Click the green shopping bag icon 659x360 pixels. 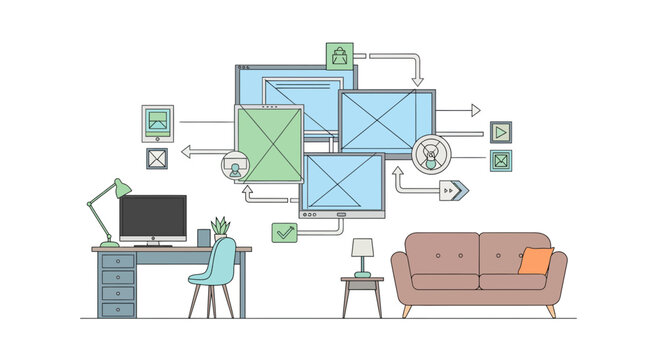[340, 56]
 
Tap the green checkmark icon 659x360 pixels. [285, 232]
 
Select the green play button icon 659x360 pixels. [501, 131]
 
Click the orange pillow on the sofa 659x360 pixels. [536, 260]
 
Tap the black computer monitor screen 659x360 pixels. [153, 217]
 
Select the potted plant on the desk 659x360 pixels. [220, 229]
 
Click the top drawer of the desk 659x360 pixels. [118, 260]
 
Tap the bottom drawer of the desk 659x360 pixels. [118, 307]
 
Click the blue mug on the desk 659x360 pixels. [204, 238]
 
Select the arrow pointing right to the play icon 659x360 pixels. [459, 110]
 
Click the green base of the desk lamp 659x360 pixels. [103, 243]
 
